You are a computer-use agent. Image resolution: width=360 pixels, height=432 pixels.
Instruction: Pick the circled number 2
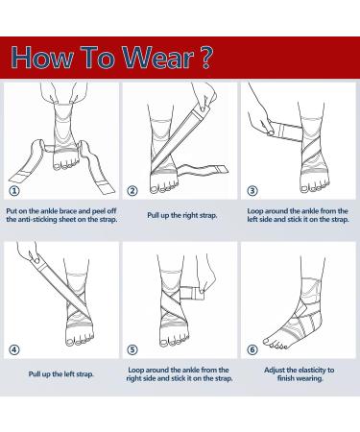pyautogui.click(x=133, y=190)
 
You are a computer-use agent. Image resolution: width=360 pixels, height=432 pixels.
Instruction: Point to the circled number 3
pyautogui.click(x=252, y=190)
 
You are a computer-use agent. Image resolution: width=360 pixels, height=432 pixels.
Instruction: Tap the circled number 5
pyautogui.click(x=133, y=348)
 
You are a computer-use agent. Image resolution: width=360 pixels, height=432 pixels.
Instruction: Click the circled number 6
pyautogui.click(x=252, y=349)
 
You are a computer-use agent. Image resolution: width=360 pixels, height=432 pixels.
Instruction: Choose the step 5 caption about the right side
pyautogui.click(x=180, y=374)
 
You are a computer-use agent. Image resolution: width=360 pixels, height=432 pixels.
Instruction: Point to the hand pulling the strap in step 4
pyautogui.click(x=26, y=259)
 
